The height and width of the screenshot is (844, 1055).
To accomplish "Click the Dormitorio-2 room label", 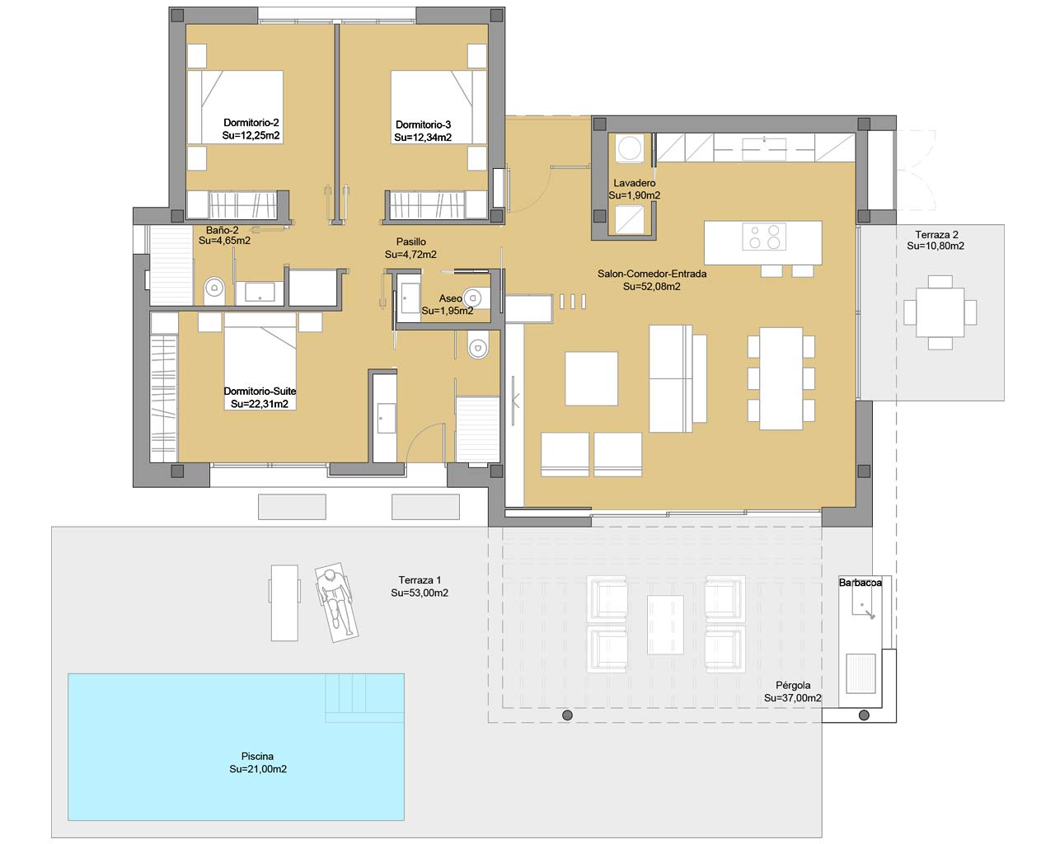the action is pyautogui.click(x=251, y=123).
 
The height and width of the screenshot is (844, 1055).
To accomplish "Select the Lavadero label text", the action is pyautogui.click(x=635, y=183).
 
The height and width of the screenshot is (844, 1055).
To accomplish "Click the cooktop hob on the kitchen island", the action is pyautogui.click(x=764, y=237).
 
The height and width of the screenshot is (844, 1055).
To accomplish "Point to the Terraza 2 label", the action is pyautogui.click(x=936, y=234).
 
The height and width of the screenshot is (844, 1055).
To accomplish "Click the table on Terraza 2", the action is pyautogui.click(x=940, y=312).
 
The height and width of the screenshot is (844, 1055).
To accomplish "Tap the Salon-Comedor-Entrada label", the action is pyautogui.click(x=651, y=274).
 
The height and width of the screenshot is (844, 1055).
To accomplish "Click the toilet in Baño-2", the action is pyautogui.click(x=213, y=288).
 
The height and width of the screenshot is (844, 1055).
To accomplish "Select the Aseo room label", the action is pyautogui.click(x=450, y=298).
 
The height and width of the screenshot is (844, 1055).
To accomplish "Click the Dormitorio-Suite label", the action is pyautogui.click(x=260, y=391).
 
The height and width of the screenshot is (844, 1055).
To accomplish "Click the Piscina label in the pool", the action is pyautogui.click(x=257, y=756).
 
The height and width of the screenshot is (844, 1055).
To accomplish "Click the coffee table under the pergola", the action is pyautogui.click(x=665, y=625).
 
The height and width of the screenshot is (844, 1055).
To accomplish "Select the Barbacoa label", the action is pyautogui.click(x=860, y=583).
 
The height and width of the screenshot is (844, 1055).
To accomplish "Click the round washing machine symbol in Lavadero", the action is pyautogui.click(x=629, y=148).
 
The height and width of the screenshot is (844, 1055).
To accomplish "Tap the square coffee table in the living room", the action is pyautogui.click(x=591, y=378).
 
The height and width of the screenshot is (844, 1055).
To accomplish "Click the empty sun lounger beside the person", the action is pyautogui.click(x=284, y=603).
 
